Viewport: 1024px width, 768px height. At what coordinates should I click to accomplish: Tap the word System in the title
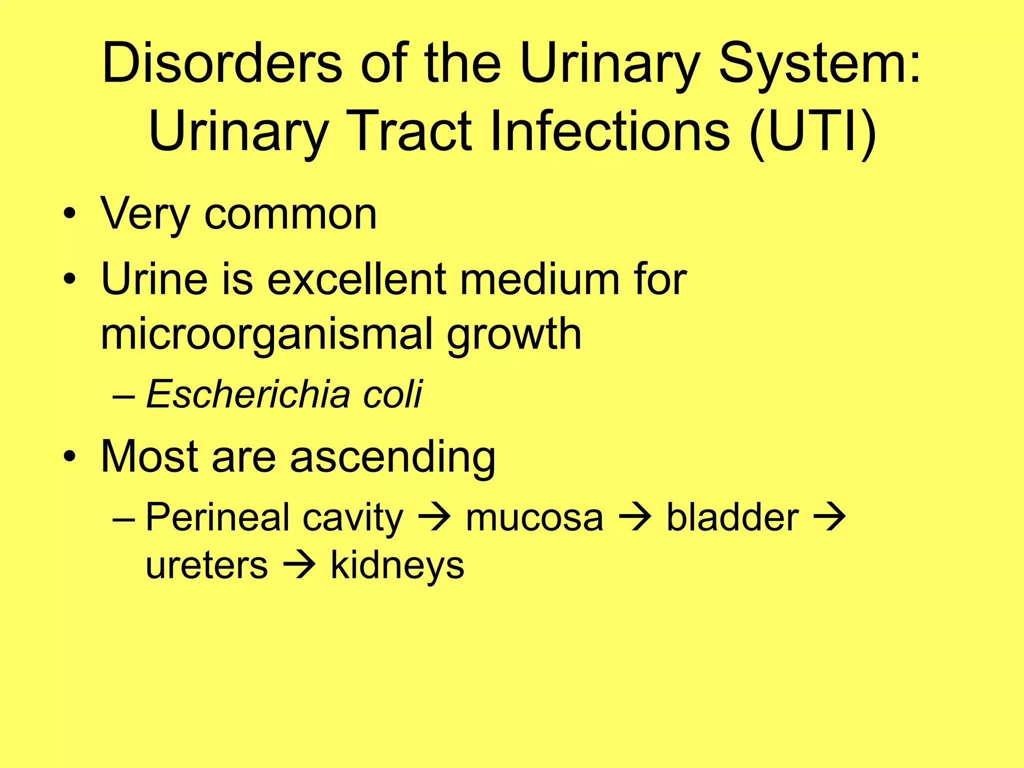pyautogui.click(x=810, y=63)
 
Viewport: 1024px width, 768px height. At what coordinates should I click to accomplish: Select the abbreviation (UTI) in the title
pyautogui.click(x=812, y=131)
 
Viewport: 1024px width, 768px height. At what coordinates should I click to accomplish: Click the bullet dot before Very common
pyautogui.click(x=70, y=215)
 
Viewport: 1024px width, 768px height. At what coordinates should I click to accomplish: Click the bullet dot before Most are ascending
pyautogui.click(x=70, y=457)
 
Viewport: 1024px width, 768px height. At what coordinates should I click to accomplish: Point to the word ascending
pyautogui.click(x=392, y=457)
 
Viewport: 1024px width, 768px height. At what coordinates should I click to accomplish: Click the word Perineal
pyautogui.click(x=217, y=517)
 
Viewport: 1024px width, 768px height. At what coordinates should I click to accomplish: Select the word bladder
pyautogui.click(x=732, y=517)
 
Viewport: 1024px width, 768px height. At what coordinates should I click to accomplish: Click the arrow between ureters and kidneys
pyautogui.click(x=299, y=565)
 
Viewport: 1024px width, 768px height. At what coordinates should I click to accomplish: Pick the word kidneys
pyautogui.click(x=397, y=565)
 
